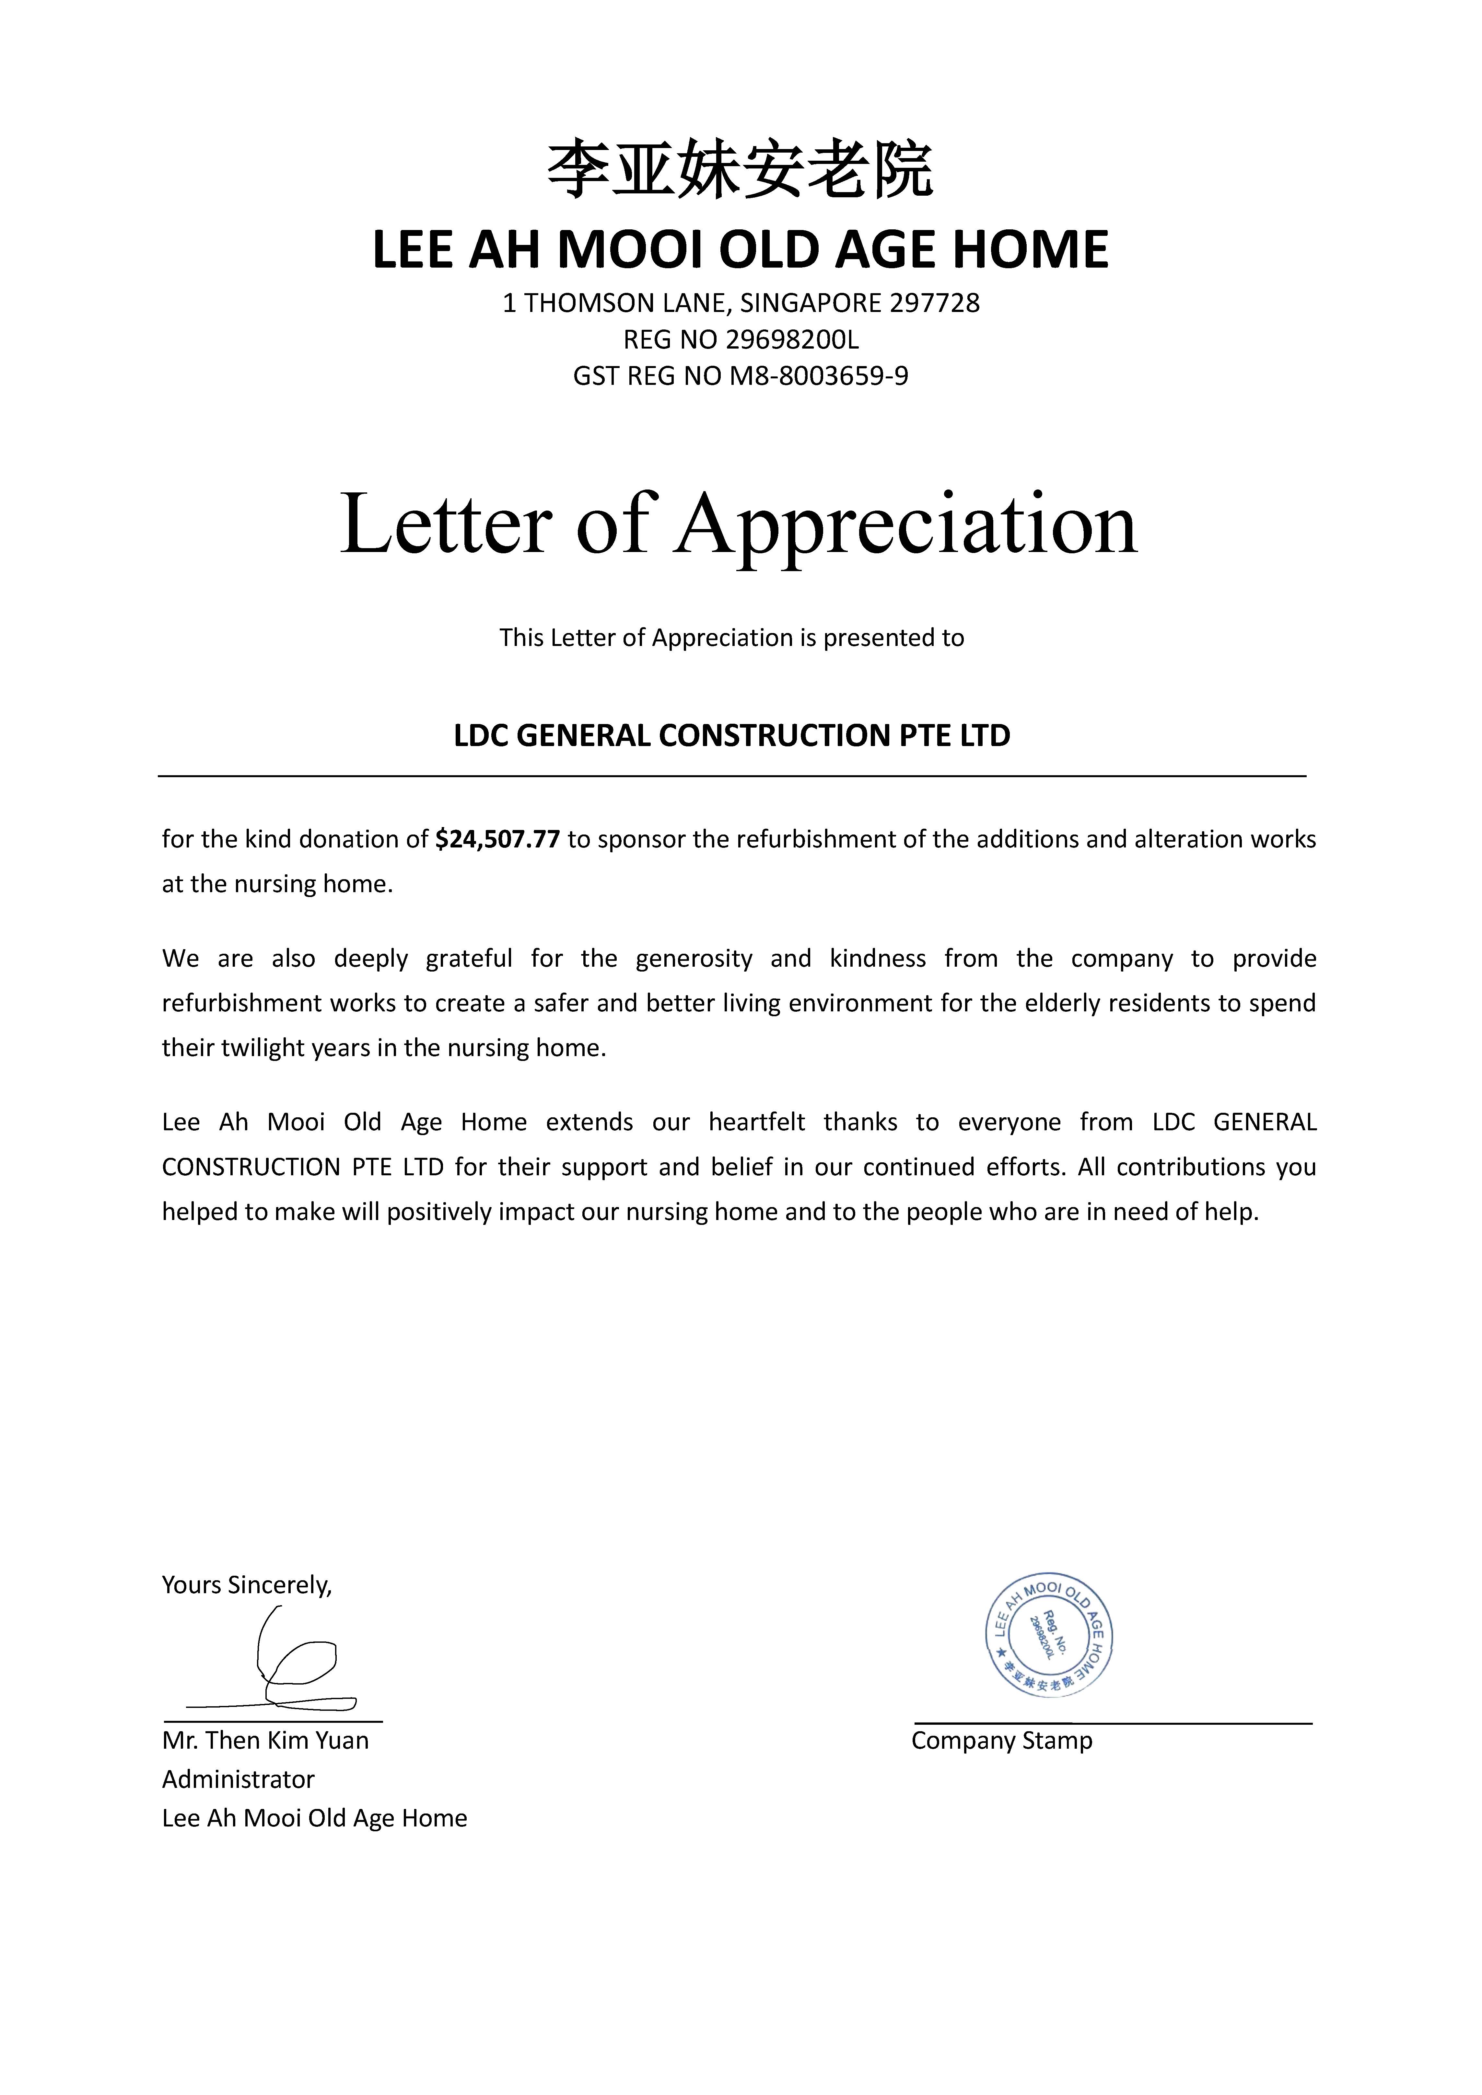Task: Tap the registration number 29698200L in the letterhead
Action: tap(792, 340)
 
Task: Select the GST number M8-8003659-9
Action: tap(819, 376)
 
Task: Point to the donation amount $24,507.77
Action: tap(497, 839)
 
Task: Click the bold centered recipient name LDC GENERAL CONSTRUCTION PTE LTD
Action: tap(732, 735)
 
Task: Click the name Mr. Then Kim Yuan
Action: tap(265, 1740)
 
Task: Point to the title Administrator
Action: tap(238, 1779)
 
